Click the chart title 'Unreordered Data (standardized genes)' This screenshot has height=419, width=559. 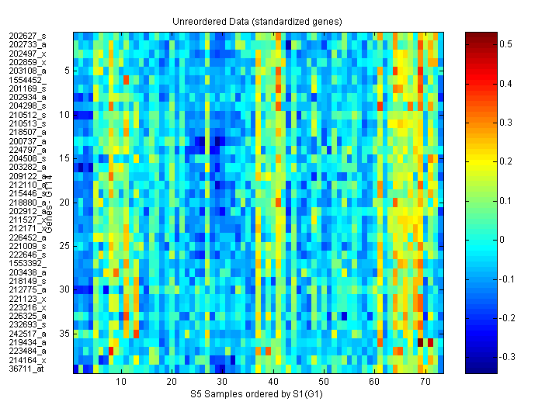click(257, 21)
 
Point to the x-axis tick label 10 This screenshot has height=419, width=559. click(121, 382)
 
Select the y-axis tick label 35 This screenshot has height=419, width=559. click(65, 333)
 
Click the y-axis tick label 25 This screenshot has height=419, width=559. click(65, 246)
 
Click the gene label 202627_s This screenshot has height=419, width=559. click(27, 36)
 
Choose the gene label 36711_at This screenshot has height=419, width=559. click(26, 369)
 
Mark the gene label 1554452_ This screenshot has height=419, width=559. click(27, 80)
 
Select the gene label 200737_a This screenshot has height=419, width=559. click(27, 140)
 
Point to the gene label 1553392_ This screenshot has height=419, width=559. click(27, 263)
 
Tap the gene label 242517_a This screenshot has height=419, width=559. click(27, 333)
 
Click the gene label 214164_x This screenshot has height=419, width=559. click(27, 359)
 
